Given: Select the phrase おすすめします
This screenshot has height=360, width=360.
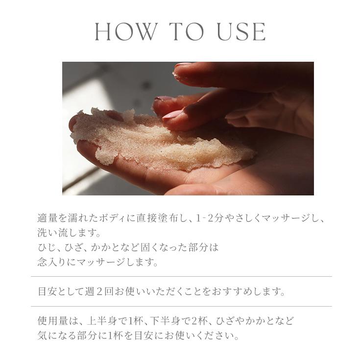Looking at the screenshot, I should coord(249,292).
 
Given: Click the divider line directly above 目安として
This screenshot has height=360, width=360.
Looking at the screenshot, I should coord(181,277).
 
